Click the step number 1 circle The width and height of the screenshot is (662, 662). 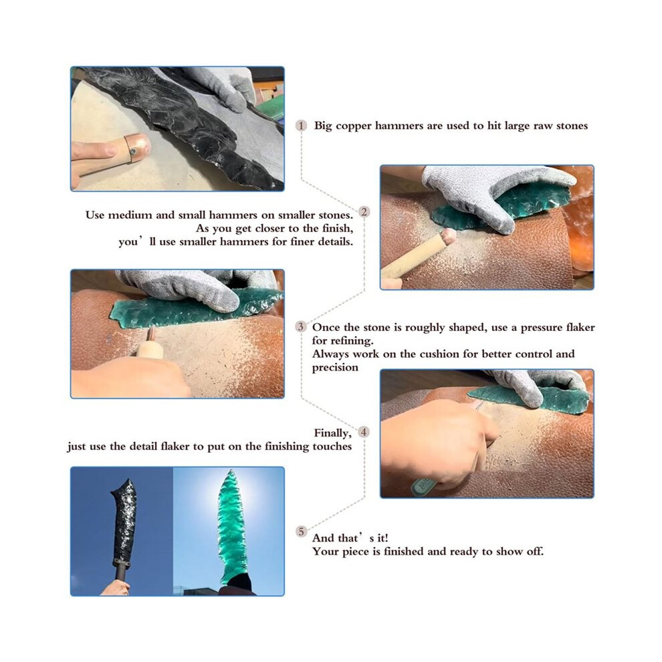[301, 126]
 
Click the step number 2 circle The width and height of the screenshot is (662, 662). [364, 211]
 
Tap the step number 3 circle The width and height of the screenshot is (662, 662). [301, 326]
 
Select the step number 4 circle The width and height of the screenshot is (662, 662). [364, 432]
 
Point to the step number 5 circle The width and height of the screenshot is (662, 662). [301, 531]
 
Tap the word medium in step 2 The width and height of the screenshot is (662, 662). [130, 215]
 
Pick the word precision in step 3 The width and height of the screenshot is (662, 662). [335, 368]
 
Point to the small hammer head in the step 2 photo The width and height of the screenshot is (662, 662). [449, 237]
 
